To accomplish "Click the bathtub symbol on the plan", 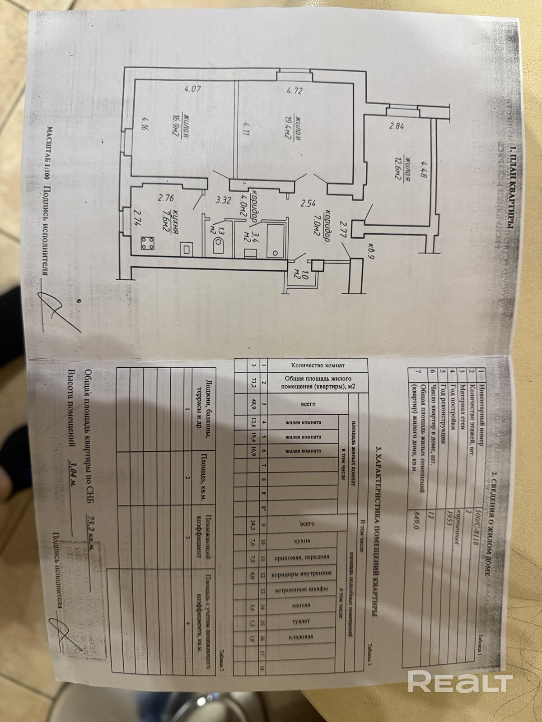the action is [x=272, y=239].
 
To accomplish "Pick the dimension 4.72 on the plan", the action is [x=294, y=91].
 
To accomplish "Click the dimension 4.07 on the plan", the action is [x=192, y=89].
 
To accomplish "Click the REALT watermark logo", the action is [x=460, y=681].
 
